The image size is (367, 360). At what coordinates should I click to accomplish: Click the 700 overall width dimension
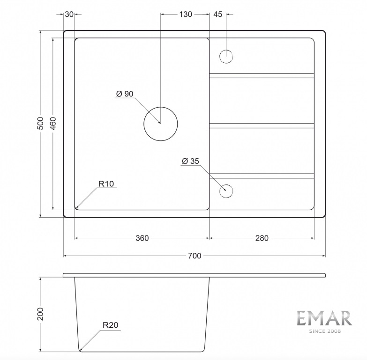[195, 256]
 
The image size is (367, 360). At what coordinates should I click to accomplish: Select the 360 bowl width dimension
[142, 238]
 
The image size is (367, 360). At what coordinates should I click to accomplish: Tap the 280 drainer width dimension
[262, 238]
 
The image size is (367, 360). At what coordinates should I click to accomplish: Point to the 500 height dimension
[40, 123]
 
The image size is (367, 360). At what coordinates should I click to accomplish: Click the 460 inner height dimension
[53, 123]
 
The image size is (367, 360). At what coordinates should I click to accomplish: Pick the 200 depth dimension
[40, 314]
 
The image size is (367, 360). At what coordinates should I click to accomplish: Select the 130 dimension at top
[186, 14]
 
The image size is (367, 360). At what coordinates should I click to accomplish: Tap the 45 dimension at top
[217, 14]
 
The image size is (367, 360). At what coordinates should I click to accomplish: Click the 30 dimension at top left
[69, 14]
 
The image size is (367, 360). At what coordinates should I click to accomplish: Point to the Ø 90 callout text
[125, 94]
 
